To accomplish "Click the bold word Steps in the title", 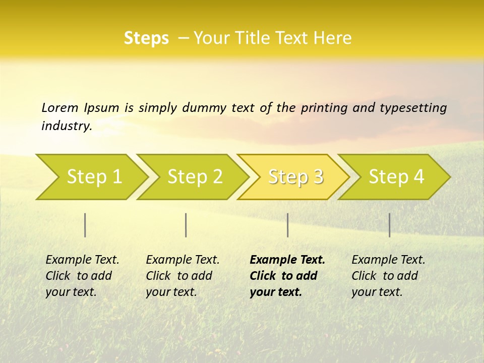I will pos(146,38).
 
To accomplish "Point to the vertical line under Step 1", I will pos(85,225).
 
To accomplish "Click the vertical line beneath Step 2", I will pos(186,225).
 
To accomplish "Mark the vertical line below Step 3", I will pos(287,225).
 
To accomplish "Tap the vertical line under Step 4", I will pos(389,225).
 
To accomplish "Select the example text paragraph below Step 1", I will pos(82,276).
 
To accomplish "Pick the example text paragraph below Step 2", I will pos(183,276).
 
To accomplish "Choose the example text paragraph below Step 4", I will pos(388,276).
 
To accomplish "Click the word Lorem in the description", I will pos(60,107).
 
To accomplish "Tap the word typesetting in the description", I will pos(413,107).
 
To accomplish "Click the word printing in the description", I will pos(324,107).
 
